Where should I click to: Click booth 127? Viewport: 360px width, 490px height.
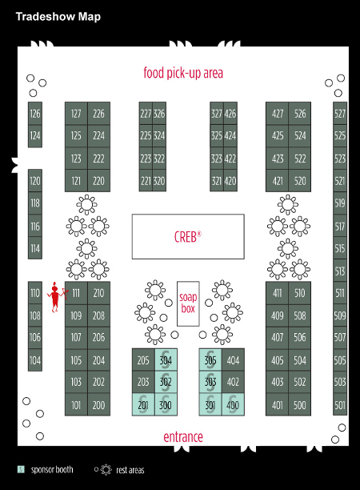76,114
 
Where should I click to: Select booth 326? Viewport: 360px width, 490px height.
159,114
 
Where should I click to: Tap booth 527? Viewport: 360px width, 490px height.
340,114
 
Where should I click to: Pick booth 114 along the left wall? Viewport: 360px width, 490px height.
35,248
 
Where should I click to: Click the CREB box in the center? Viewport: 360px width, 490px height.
188,236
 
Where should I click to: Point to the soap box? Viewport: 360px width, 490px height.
188,303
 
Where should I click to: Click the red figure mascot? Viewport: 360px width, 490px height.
56,297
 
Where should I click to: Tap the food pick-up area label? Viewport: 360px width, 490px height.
183,73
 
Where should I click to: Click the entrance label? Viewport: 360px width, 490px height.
183,436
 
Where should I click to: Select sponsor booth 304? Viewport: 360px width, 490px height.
166,360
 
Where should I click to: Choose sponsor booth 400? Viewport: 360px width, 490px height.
233,405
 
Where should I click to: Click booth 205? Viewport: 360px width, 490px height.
143,360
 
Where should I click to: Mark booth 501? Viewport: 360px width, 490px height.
340,405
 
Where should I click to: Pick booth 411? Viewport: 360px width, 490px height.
278,293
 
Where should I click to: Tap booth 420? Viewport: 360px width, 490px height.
230,181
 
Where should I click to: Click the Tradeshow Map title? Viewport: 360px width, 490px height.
58,17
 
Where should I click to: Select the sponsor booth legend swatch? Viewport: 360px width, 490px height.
21,469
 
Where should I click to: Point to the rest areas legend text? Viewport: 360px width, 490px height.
130,470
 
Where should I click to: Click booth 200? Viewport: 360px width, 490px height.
98,405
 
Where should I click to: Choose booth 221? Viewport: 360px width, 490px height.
146,181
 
